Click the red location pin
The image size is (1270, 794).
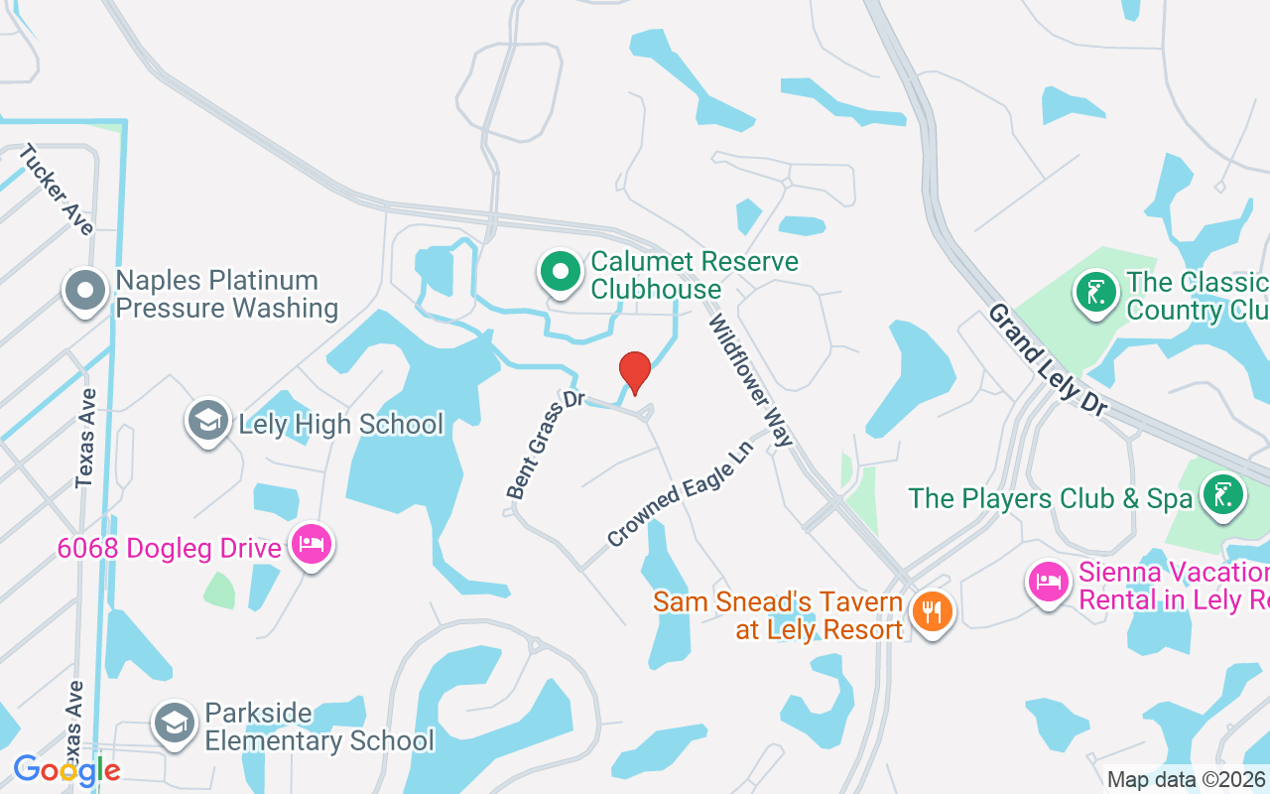click(x=635, y=371)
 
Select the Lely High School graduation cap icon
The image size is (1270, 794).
click(x=208, y=422)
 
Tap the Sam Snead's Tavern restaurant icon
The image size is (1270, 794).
click(x=931, y=612)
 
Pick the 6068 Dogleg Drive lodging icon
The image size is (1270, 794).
click(x=312, y=545)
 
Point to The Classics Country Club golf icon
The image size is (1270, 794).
click(x=1095, y=293)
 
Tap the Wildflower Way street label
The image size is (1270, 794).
click(x=751, y=380)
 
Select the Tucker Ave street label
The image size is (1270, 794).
click(x=57, y=190)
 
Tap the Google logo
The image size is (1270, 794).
click(x=66, y=769)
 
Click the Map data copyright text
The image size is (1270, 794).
click(x=1186, y=780)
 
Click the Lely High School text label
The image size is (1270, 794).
click(x=340, y=424)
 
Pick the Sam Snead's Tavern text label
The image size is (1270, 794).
click(x=779, y=615)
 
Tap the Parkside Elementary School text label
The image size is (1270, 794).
click(x=318, y=727)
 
